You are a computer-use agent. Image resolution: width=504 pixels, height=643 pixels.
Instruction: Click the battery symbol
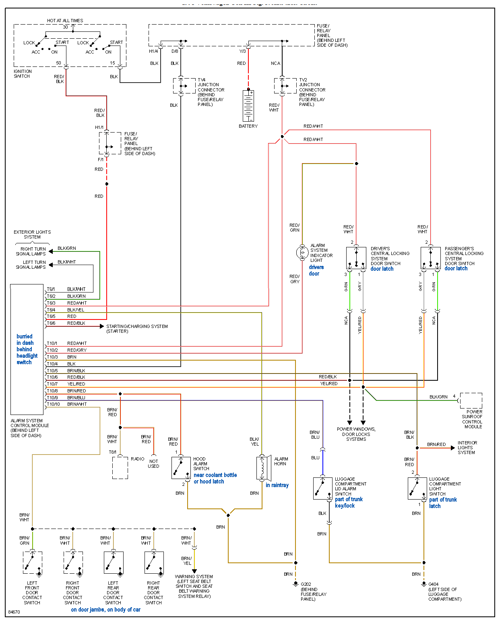pyautogui.click(x=248, y=106)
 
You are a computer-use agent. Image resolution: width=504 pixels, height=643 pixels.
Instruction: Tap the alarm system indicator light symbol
pyautogui.click(x=302, y=253)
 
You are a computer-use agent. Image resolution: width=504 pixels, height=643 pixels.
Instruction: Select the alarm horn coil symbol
pyautogui.click(x=262, y=468)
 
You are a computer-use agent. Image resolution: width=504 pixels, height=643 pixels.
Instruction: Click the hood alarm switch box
pyautogui.click(x=181, y=468)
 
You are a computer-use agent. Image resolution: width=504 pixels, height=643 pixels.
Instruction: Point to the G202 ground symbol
pyautogui.click(x=295, y=583)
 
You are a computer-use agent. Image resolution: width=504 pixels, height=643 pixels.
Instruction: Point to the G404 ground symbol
pyautogui.click(x=424, y=583)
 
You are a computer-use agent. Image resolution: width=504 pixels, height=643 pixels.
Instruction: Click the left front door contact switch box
pyautogui.click(x=33, y=562)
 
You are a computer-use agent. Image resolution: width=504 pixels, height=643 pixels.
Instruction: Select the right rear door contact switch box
pyautogui.click(x=154, y=562)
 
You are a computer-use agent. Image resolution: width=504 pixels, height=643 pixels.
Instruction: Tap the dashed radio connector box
pyautogui.click(x=120, y=468)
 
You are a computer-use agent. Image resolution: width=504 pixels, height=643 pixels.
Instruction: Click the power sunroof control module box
pyautogui.click(x=471, y=401)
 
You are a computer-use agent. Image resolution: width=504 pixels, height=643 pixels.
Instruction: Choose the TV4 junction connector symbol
pyautogui.click(x=181, y=86)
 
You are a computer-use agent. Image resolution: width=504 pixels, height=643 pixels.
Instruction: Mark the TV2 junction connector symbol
pyautogui.click(x=283, y=86)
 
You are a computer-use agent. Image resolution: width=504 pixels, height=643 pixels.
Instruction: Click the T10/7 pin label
pyautogui.click(x=52, y=384)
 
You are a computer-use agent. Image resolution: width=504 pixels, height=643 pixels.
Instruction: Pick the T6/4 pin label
pyautogui.click(x=51, y=310)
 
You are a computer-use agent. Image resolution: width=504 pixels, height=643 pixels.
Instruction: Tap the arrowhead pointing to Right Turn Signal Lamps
pyautogui.click(x=51, y=251)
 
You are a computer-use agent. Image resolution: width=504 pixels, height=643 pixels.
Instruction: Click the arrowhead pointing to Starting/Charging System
pyautogui.click(x=102, y=326)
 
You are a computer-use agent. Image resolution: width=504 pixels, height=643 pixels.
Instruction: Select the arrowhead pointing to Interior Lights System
pyautogui.click(x=453, y=448)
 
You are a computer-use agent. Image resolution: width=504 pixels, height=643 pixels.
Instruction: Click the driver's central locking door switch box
pyautogui.click(x=356, y=258)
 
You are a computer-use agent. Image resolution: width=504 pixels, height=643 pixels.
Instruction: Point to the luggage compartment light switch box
pyautogui.click(x=417, y=488)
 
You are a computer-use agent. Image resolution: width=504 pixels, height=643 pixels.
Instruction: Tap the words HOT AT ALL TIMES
pyautogui.click(x=65, y=21)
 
